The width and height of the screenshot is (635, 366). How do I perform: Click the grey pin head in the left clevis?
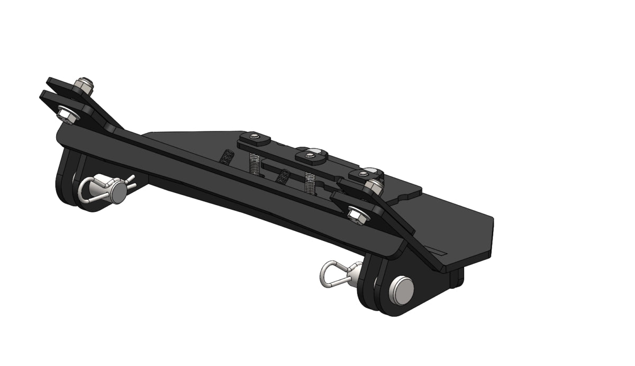tap(117, 192)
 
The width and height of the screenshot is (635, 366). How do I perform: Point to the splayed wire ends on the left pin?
tap(129, 181)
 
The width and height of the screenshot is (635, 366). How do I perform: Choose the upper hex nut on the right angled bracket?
tap(374, 185)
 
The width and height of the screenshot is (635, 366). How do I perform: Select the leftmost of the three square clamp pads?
tap(254, 139)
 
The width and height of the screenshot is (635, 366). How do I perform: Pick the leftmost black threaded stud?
tap(228, 158)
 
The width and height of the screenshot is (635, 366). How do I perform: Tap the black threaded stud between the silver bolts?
tap(284, 175)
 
